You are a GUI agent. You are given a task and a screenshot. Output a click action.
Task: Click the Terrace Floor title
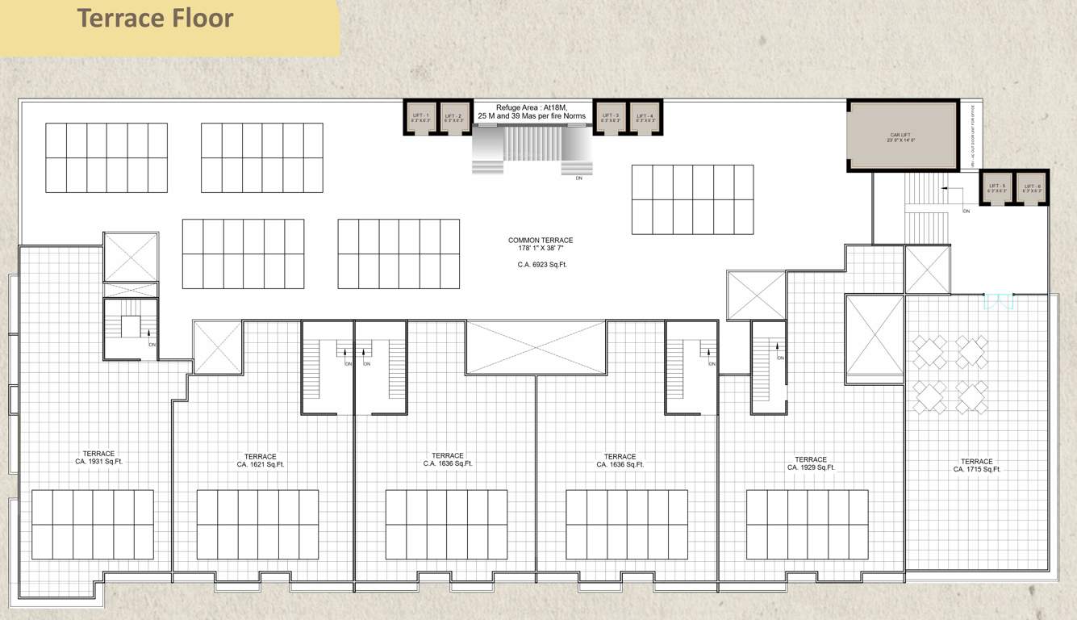point(155,19)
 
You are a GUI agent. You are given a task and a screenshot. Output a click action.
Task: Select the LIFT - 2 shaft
point(454,118)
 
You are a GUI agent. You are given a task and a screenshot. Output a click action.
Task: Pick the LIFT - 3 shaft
point(611,118)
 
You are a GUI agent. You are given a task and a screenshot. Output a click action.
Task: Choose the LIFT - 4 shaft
point(645,118)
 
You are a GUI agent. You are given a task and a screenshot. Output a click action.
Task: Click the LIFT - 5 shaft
point(997,188)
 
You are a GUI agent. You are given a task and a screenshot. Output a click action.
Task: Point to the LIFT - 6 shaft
point(1031,188)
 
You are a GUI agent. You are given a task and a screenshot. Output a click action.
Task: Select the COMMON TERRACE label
point(541,241)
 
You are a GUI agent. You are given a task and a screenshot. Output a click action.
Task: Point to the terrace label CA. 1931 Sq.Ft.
point(98,462)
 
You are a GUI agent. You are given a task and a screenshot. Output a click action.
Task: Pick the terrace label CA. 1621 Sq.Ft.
point(261,464)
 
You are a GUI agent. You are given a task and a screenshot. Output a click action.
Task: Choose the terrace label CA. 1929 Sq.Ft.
point(811,467)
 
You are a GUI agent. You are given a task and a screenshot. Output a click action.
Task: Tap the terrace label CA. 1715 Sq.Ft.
point(976,469)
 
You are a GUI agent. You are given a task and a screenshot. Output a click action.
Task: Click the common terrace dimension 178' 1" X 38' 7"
point(541,249)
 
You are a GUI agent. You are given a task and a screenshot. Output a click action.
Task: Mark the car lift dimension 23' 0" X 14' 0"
point(901,140)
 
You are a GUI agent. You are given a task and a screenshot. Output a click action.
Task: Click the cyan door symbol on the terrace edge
point(998,300)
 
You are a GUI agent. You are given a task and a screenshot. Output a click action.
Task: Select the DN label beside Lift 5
point(966,212)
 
